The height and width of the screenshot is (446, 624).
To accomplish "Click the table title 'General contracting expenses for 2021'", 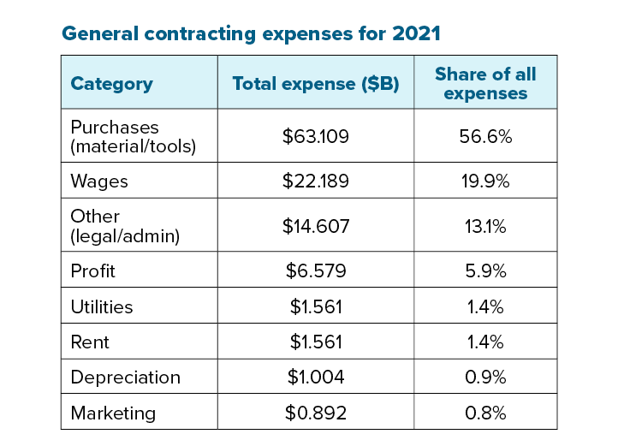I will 251,34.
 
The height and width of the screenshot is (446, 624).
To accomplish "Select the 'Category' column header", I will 111,84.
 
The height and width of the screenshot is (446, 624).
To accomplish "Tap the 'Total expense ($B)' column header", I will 316,84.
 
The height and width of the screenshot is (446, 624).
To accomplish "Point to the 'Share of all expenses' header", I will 485,83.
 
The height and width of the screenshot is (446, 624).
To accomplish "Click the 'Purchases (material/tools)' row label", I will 133,135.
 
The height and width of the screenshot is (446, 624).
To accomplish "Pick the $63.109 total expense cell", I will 316,136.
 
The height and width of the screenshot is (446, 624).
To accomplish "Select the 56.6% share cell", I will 485,136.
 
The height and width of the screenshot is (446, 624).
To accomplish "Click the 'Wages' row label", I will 99,181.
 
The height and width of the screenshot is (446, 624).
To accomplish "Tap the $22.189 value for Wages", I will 316,181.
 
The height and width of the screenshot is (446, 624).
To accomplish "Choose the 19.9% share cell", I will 485,181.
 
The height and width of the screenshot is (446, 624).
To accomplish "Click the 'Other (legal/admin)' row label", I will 125,226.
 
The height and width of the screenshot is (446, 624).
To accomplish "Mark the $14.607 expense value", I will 316,226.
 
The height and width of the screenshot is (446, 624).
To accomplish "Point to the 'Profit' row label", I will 92,271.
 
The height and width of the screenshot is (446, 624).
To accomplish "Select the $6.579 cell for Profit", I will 316,271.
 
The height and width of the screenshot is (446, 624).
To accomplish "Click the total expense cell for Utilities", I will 316,306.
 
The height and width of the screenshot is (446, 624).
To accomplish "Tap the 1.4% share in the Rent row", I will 485,342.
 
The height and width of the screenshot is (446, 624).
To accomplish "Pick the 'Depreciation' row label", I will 125,378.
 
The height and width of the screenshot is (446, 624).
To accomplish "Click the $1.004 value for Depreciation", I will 316,378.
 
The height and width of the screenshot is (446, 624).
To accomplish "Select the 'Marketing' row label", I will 113,413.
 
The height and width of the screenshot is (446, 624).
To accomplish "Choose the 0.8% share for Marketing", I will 485,413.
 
